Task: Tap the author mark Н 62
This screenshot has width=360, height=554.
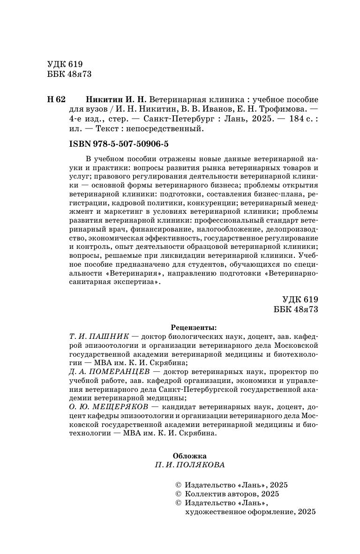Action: pos(56,100)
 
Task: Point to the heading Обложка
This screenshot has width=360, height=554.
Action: pos(189,455)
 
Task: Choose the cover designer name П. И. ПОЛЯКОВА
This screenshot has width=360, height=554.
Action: pos(189,465)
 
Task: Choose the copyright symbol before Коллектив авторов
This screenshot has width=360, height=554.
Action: pos(178,494)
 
